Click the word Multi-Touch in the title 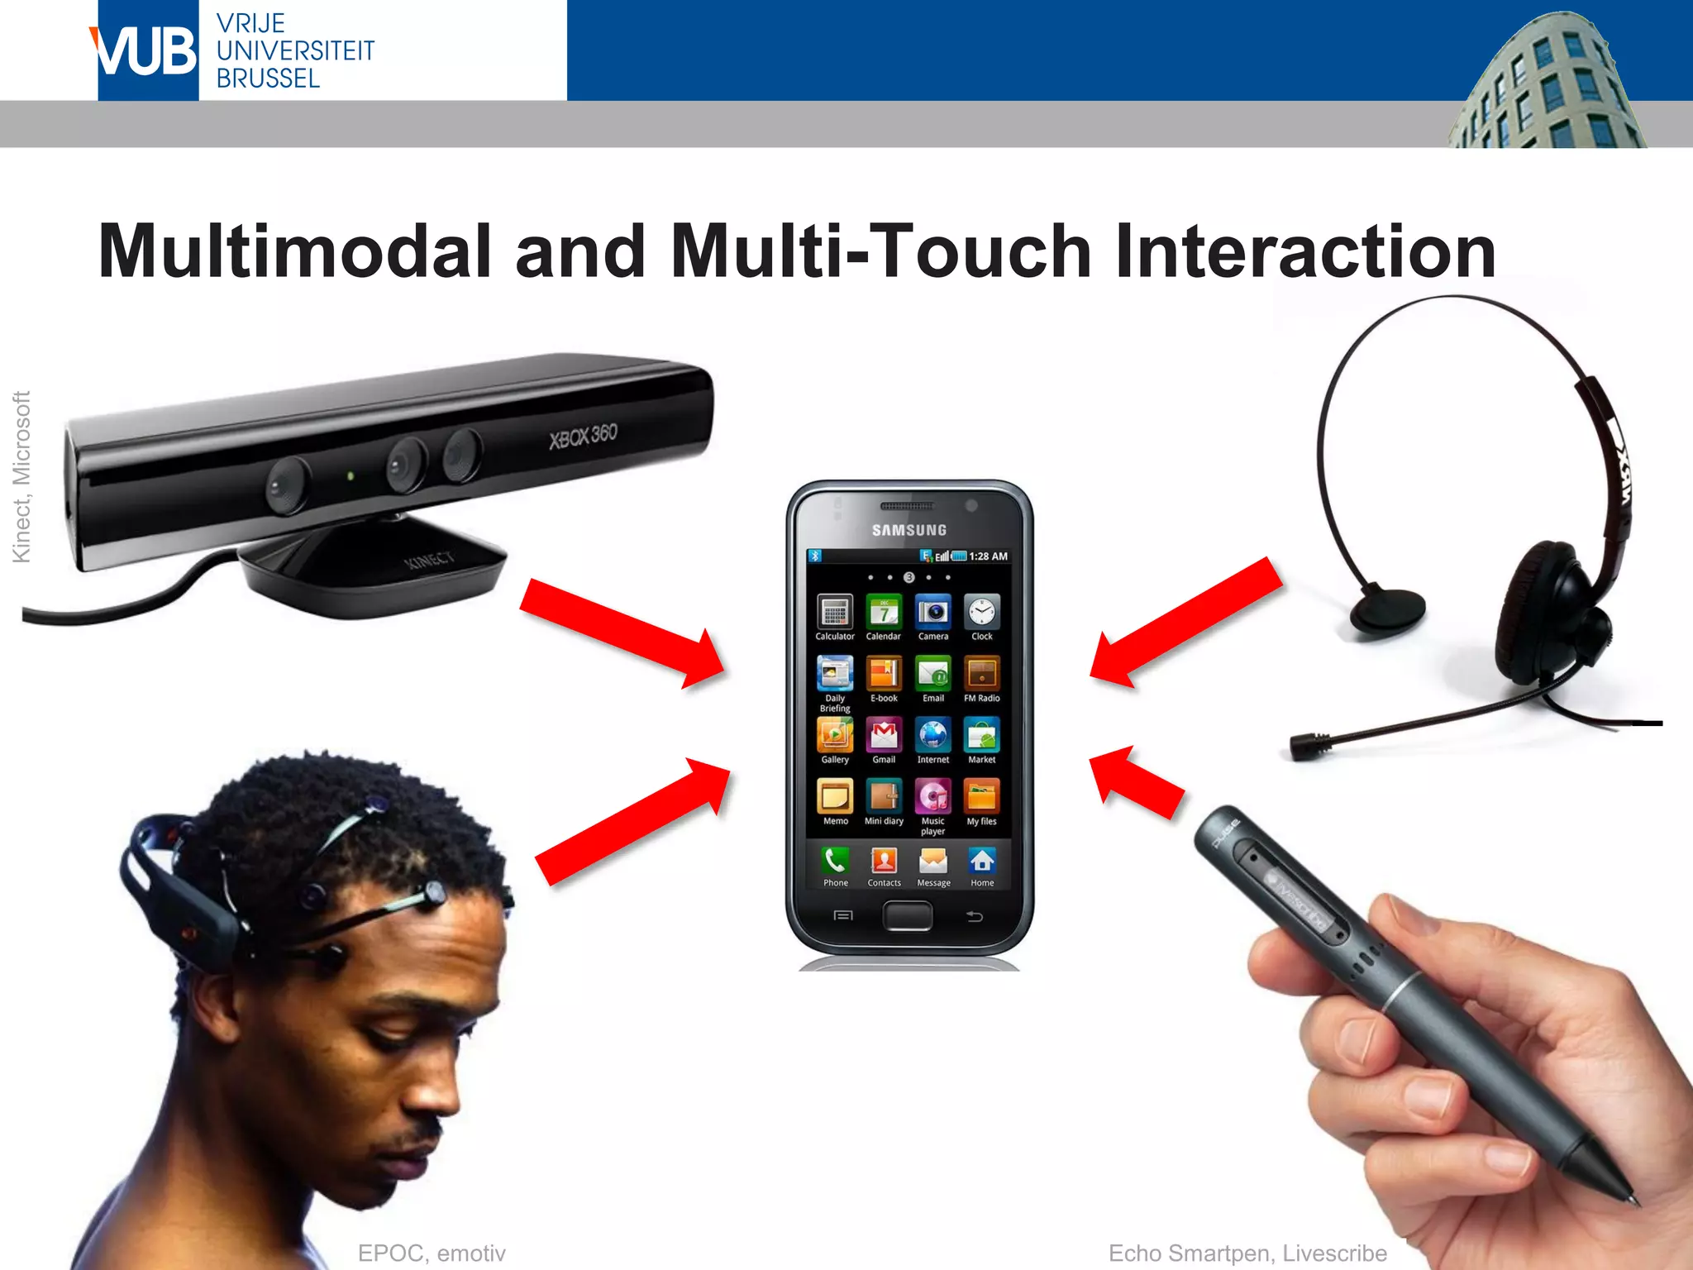point(881,251)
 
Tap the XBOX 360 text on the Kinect point(583,435)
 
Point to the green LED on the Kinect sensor point(351,476)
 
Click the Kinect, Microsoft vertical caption point(21,477)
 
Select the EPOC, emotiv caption point(432,1253)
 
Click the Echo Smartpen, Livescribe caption point(1247,1253)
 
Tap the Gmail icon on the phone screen point(884,735)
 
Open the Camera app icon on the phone point(933,613)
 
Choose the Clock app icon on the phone point(982,613)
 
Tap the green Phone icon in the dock point(835,862)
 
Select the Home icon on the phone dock point(982,862)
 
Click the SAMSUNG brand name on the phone point(909,530)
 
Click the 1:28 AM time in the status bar point(988,556)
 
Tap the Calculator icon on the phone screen point(835,613)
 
